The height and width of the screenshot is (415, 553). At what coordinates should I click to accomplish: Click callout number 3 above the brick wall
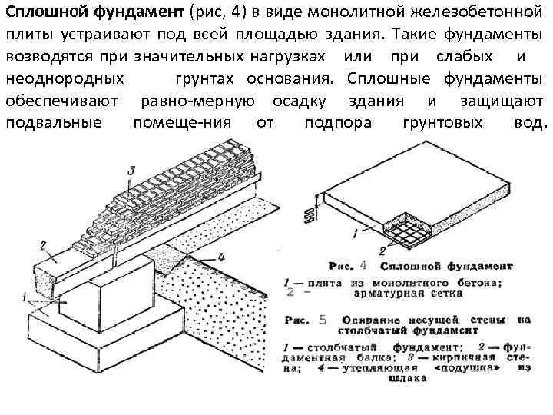click(131, 170)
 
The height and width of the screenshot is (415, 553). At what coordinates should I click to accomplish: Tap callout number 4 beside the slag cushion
click(220, 257)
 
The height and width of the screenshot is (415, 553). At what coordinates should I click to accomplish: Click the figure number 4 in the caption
click(363, 265)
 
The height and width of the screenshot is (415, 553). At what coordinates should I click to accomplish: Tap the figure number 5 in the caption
click(321, 317)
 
